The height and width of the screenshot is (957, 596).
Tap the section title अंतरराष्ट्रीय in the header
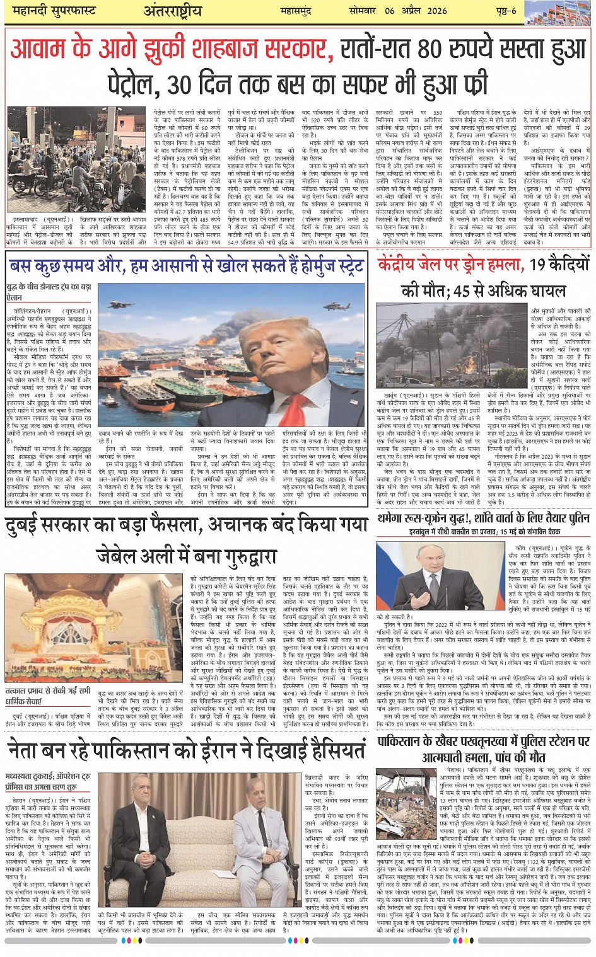pyautogui.click(x=172, y=11)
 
